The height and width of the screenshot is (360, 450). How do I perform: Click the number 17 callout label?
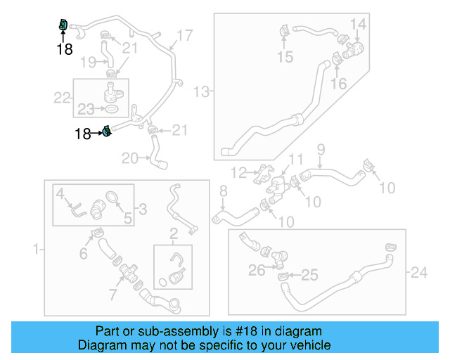(x=184, y=35)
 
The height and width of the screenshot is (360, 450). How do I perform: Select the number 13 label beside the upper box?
(x=202, y=91)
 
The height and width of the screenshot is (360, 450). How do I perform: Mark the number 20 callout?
(x=129, y=158)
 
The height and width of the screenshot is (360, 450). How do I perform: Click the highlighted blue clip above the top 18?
(x=63, y=26)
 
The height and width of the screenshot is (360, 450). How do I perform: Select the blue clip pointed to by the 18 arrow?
(x=107, y=131)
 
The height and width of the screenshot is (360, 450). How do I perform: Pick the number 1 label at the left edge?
(x=36, y=249)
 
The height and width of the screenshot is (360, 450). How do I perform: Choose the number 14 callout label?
(x=359, y=25)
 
